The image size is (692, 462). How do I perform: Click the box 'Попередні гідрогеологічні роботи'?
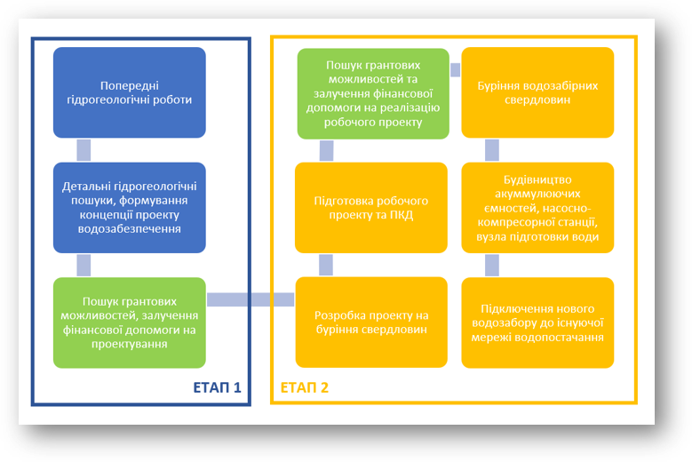[129, 92]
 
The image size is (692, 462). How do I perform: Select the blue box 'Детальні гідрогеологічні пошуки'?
[129, 207]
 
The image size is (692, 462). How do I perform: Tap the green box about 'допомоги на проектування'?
[129, 323]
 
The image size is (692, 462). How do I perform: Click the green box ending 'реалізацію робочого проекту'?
[372, 92]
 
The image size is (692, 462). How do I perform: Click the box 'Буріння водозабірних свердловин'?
[537, 92]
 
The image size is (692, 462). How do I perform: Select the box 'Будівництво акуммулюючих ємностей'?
[537, 207]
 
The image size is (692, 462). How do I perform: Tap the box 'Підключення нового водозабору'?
[537, 323]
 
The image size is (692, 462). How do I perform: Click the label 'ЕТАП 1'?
[217, 387]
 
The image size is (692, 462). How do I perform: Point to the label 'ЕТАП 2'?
[305, 387]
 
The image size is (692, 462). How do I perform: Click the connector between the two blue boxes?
[84, 149]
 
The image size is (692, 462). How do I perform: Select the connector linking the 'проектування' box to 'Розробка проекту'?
[251, 299]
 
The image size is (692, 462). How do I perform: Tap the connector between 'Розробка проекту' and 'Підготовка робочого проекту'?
[326, 265]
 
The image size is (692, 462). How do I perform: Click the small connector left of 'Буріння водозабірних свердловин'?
[455, 69]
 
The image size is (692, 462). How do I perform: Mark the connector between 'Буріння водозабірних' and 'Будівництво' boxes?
[490, 149]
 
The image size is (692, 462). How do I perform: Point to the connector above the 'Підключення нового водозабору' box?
[490, 265]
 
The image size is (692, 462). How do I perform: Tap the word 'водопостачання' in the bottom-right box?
[562, 338]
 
